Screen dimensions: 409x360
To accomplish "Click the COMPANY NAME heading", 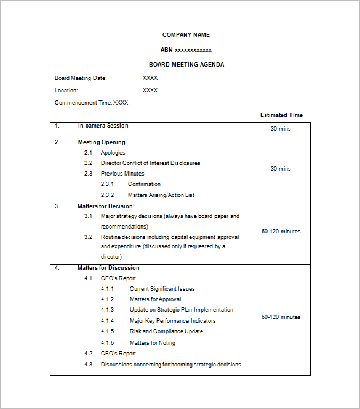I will coord(186,35).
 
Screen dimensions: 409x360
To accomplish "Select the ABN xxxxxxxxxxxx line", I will coord(186,50).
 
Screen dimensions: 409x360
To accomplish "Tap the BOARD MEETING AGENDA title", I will coord(186,65).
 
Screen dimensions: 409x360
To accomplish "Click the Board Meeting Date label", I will coord(81,78).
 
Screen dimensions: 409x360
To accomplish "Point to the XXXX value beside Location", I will coord(150,91).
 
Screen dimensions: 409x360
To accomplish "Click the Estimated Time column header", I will coord(281,115).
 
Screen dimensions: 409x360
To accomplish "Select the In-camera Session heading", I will coord(103,126).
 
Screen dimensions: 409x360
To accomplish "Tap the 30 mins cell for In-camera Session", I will coord(281,129).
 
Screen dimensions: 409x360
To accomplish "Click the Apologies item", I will coord(113,153).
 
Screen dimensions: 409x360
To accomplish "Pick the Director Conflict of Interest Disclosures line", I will coord(150,163).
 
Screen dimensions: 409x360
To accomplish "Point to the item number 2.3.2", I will coord(108,195).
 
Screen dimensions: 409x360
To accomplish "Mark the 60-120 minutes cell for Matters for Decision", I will coord(281,232).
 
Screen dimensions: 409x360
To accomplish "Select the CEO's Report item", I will coord(118,278).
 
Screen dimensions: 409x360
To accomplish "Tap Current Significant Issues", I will coord(162,289).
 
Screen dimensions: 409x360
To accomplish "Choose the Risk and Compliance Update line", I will coord(166,331).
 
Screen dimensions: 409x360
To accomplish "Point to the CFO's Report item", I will coord(118,354).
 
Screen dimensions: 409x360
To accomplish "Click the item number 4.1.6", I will coord(108,343).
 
